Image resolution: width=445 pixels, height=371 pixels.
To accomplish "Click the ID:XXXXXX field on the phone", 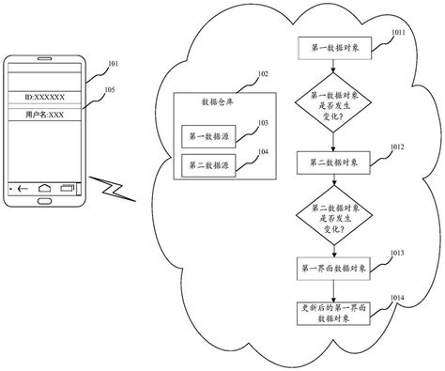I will [43, 97].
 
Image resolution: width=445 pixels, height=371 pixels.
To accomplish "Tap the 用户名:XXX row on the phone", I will [43, 114].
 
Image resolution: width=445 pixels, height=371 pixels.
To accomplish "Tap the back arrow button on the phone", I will [16, 188].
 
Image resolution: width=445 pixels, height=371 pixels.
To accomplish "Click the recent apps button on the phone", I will [67, 188].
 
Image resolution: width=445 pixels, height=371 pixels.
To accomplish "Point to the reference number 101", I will [113, 64].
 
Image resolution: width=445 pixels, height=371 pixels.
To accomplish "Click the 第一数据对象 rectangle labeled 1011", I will [332, 46].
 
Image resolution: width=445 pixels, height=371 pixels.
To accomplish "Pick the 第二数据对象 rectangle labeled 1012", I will [332, 162].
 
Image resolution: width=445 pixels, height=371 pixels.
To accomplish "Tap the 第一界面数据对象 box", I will [332, 268].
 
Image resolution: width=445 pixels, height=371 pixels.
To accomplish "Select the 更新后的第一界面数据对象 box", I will [332, 313].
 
